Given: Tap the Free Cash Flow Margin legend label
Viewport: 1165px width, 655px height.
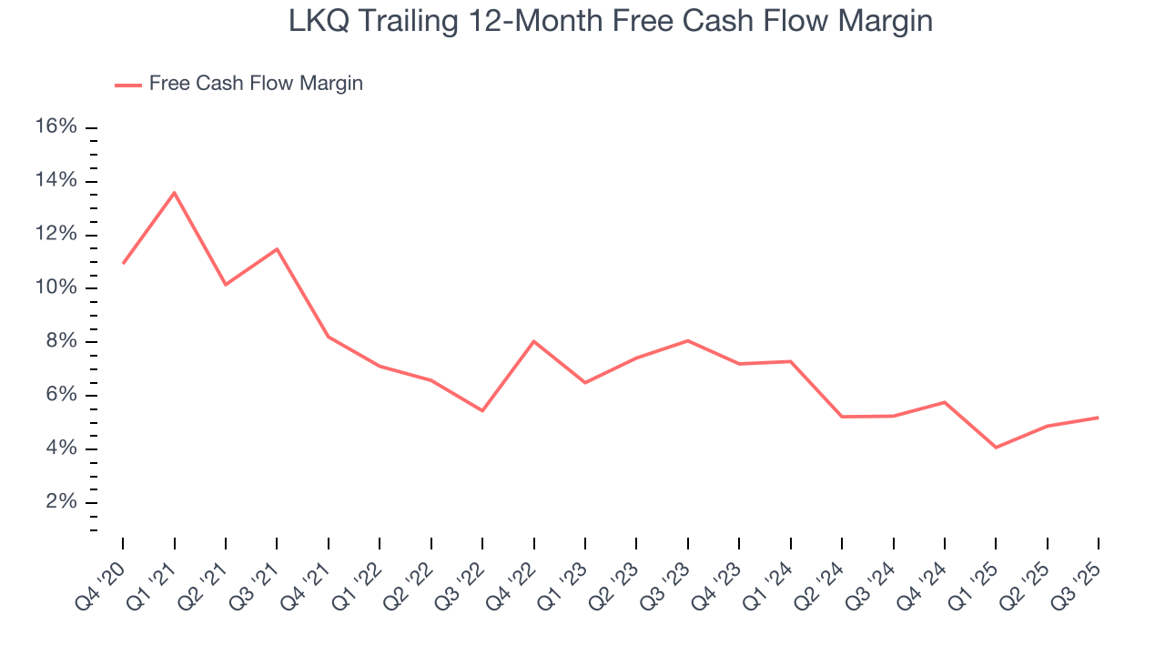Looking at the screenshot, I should pos(256,84).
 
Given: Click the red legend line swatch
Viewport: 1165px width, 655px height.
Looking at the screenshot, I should pos(127,85).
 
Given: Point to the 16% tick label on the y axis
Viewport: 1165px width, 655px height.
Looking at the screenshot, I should pos(56,126).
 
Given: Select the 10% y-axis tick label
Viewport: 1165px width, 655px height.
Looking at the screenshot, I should pos(56,287).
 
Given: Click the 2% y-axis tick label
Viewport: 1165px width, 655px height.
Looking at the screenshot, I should pos(61,502).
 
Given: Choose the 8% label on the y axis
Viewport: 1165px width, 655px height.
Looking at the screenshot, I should pos(61,341).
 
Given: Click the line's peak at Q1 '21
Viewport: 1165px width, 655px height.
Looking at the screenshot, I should pos(174,193).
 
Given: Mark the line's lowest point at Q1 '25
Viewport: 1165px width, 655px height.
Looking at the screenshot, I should pos(996,448).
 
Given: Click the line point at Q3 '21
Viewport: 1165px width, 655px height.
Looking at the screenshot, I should pos(277,248).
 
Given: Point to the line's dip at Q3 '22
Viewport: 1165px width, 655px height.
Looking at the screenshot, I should pos(482,411).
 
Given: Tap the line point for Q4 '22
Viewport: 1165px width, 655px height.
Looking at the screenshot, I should pos(533,341).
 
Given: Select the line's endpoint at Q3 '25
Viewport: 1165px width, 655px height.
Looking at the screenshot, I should pos(1099,418).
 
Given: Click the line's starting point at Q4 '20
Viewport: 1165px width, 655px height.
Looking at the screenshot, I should pos(123,263).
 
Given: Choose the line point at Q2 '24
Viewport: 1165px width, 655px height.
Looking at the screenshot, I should pos(842,417).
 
